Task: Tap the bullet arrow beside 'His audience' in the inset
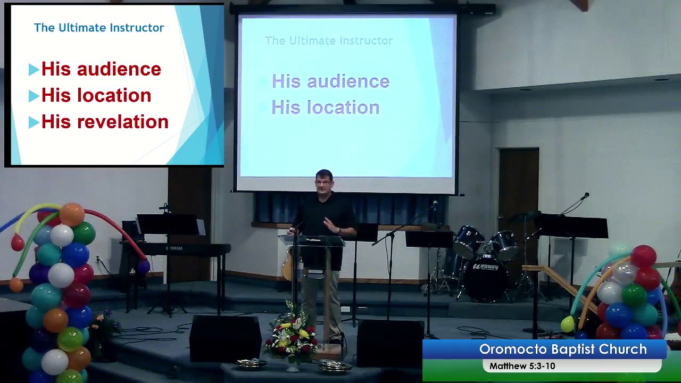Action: [34, 69]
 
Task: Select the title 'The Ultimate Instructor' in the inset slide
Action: [99, 28]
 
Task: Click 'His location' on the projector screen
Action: [326, 107]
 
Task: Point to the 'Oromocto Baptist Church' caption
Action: [563, 349]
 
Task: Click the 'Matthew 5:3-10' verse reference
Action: [522, 366]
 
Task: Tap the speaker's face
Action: [323, 184]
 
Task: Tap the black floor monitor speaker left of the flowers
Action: [225, 338]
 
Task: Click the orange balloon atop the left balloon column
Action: [72, 214]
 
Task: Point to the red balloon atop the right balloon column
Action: [643, 256]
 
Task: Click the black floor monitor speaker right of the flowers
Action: [390, 343]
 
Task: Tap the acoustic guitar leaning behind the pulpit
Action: [288, 265]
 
